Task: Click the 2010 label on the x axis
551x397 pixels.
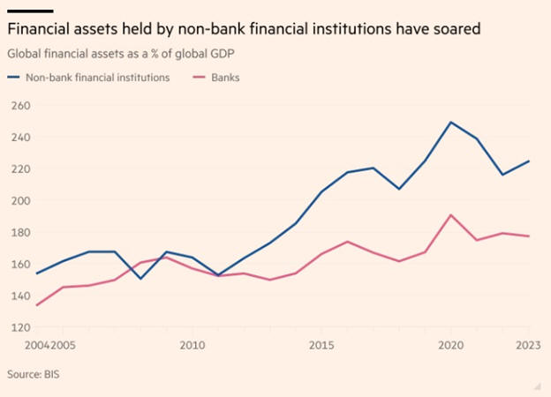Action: (193, 345)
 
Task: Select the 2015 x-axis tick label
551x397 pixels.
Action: (321, 345)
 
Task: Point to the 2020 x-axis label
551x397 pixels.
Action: (450, 345)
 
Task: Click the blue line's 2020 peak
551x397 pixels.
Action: (451, 122)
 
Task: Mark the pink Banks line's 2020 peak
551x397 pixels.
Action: (451, 214)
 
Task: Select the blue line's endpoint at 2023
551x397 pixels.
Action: (529, 161)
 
